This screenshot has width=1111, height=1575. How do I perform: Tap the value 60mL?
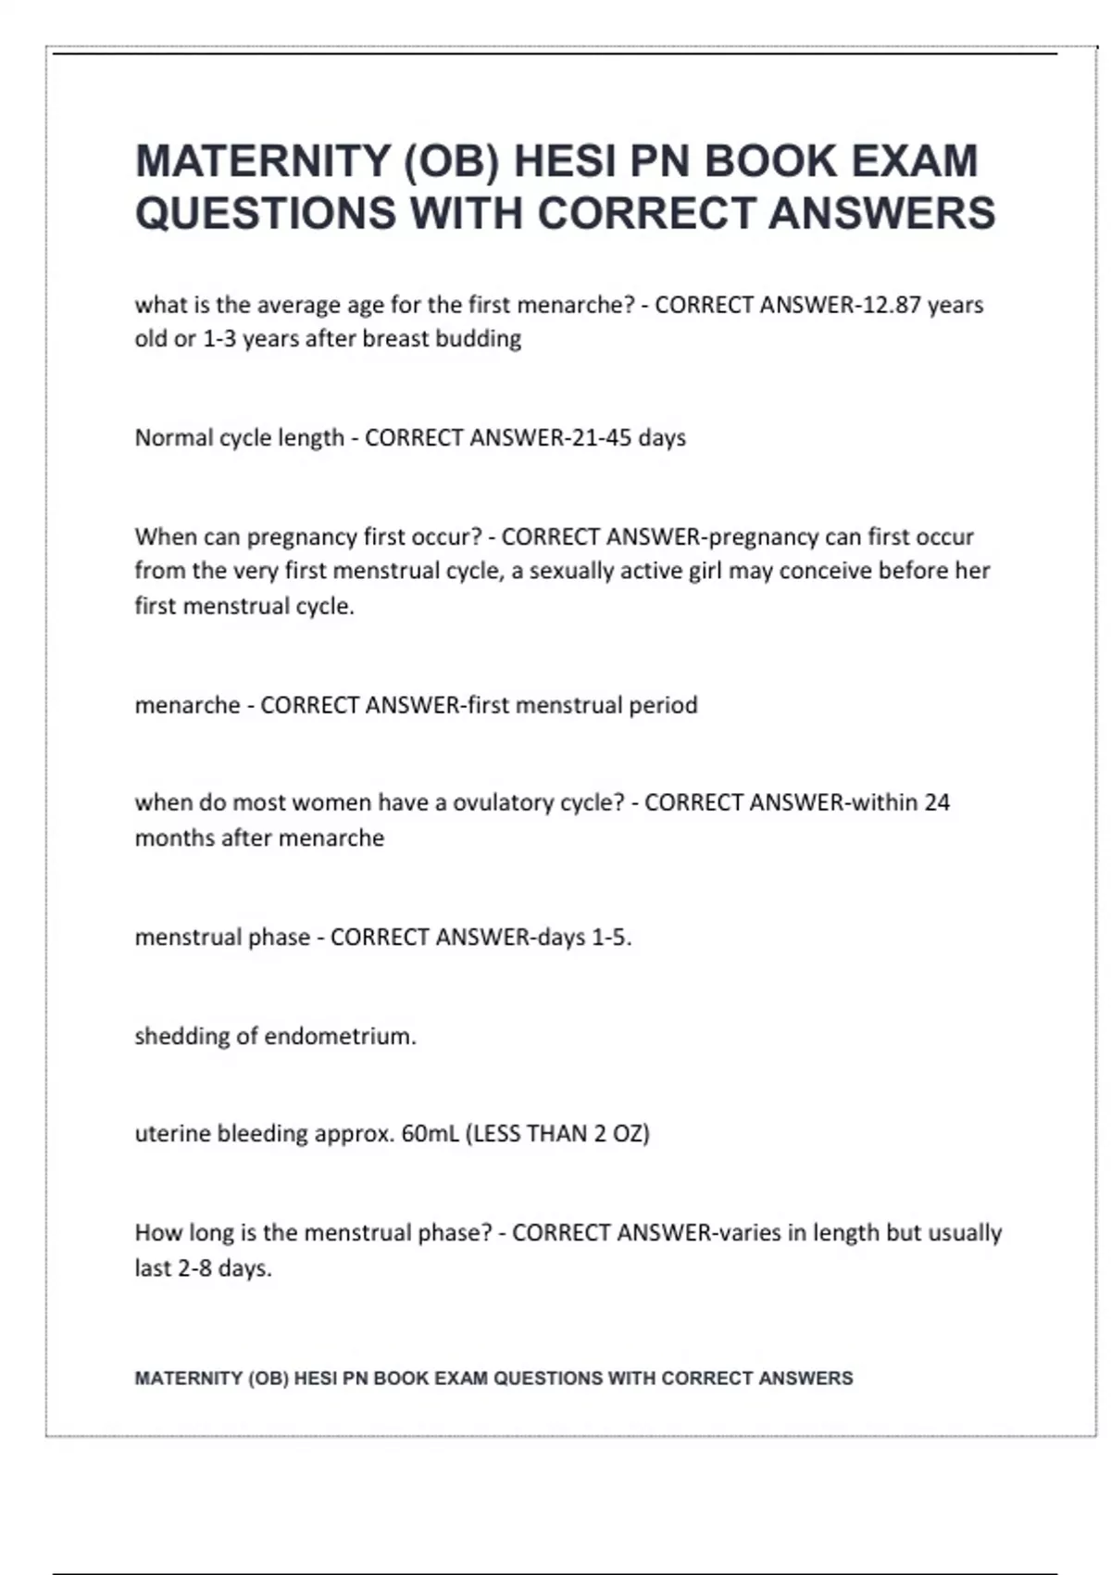(430, 1134)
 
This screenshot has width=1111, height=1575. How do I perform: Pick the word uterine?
(173, 1134)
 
